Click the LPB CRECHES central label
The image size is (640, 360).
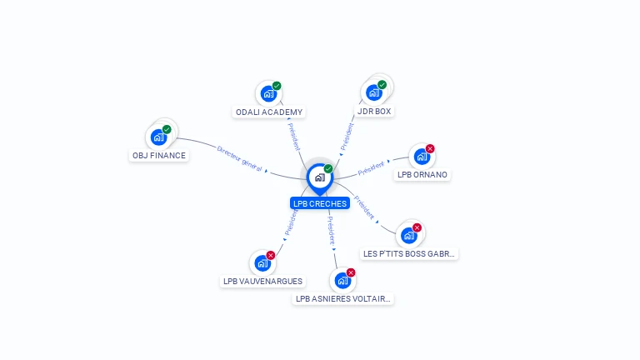[320, 203]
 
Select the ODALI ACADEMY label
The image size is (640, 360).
[269, 112]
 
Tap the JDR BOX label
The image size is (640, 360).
[374, 111]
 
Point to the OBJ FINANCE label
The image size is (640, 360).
[159, 155]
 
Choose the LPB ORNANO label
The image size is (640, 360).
[422, 175]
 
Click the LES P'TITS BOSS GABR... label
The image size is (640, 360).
[410, 253]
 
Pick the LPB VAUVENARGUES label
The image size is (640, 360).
[262, 281]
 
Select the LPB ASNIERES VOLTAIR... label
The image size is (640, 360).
[343, 298]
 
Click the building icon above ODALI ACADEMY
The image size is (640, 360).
[267, 93]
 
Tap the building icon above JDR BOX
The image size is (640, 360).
[373, 92]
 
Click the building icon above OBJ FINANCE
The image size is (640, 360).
[158, 137]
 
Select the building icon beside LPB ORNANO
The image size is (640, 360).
[422, 156]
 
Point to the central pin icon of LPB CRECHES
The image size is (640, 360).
[319, 177]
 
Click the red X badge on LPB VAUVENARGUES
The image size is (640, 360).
[271, 255]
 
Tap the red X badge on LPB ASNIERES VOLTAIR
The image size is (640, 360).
[351, 272]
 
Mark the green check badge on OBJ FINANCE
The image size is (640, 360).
[167, 129]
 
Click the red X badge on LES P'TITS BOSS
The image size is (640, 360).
[417, 227]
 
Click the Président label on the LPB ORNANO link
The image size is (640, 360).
[372, 168]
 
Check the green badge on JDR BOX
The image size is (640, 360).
[382, 84]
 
